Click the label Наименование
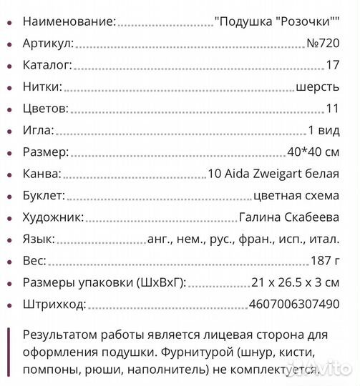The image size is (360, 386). (x=69, y=22)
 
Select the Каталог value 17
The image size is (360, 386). (x=332, y=66)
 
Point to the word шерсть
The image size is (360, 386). (x=318, y=87)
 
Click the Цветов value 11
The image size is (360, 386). (x=332, y=109)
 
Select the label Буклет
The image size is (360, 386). (x=44, y=196)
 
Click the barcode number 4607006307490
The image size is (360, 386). (x=294, y=305)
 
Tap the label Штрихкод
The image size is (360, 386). (x=54, y=305)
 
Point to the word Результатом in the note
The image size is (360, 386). (x=64, y=335)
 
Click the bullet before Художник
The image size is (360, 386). (x=9, y=217)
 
